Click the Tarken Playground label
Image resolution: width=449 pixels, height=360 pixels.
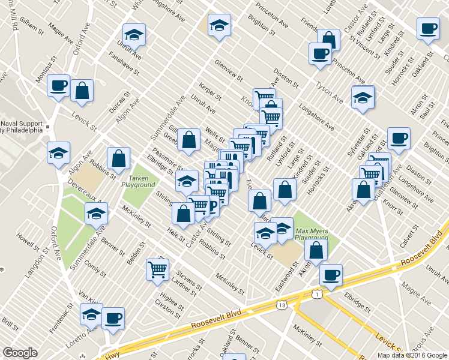tap(139, 181)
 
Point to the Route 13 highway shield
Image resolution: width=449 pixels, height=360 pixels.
tap(282, 305)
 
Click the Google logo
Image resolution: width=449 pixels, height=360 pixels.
tap(20, 353)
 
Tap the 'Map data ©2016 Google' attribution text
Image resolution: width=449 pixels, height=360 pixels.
tap(412, 355)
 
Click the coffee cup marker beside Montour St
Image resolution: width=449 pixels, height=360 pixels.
tap(59, 86)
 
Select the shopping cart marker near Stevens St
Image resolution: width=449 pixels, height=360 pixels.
tap(158, 270)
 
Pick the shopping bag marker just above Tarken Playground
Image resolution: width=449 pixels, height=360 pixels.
tap(119, 158)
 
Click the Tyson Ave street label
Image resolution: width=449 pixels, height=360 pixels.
tap(330, 93)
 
